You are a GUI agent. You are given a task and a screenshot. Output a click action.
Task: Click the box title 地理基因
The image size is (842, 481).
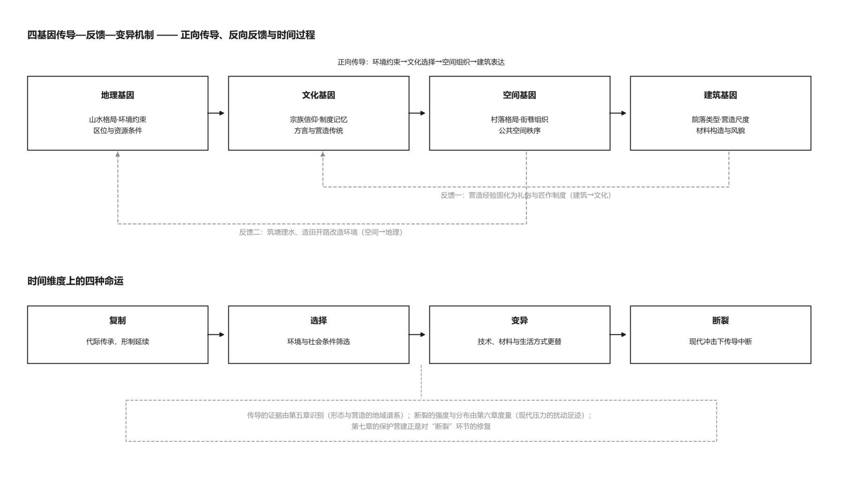click(117, 95)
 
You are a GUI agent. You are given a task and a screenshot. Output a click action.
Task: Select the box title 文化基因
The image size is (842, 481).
click(318, 95)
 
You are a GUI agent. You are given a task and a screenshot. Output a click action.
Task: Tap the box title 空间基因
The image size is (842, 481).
click(519, 95)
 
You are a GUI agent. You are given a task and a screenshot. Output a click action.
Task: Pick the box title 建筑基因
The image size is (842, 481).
click(720, 95)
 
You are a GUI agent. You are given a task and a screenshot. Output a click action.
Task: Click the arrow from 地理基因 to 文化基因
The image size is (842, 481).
click(216, 113)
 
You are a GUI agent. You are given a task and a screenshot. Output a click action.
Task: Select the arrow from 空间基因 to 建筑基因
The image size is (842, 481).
click(618, 113)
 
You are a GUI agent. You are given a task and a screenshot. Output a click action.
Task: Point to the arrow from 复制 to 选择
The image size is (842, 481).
click(216, 334)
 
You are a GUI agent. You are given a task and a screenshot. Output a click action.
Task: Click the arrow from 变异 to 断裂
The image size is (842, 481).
click(618, 334)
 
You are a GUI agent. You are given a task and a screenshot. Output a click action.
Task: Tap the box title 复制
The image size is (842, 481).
click(117, 320)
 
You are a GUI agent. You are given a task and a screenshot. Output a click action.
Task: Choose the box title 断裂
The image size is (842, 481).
click(720, 320)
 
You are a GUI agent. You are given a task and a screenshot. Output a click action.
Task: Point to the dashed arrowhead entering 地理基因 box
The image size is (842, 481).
click(118, 154)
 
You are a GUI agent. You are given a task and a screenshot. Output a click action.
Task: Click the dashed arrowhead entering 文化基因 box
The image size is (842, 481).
click(322, 154)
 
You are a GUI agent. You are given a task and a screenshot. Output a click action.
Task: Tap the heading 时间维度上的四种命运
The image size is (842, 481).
click(75, 281)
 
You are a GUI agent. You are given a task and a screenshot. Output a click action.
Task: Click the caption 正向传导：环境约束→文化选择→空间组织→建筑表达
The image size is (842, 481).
click(421, 62)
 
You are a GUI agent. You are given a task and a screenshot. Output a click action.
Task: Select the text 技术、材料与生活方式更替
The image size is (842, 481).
click(519, 341)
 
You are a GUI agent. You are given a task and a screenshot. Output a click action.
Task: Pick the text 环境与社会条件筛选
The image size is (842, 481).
click(318, 341)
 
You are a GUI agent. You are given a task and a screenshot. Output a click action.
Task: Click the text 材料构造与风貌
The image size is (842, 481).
click(720, 131)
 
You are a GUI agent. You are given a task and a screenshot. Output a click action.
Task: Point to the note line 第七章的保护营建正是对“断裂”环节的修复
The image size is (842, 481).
click(421, 426)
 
